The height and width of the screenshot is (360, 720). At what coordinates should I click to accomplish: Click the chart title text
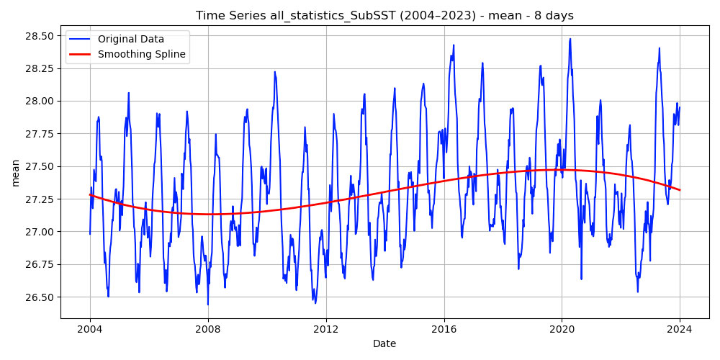[384, 16]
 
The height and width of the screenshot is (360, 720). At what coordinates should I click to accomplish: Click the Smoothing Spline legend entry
[141, 54]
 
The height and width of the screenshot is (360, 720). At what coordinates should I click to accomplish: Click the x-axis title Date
[384, 343]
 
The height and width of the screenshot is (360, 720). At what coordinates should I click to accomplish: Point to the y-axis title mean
[15, 174]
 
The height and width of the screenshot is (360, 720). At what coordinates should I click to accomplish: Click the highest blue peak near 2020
[570, 39]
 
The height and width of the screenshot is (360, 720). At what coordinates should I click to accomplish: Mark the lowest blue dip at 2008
[208, 305]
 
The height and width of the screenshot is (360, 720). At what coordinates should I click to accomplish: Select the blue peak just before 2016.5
[454, 45]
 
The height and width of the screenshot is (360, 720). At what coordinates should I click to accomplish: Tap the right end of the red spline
[680, 190]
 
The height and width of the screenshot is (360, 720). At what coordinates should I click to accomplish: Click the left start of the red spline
[90, 194]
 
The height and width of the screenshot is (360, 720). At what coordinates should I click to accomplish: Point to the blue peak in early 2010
[274, 71]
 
